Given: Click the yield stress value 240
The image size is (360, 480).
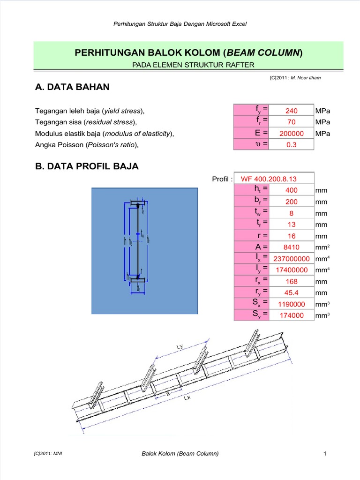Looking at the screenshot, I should (x=292, y=111).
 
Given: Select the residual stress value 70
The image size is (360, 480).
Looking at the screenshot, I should (x=292, y=122).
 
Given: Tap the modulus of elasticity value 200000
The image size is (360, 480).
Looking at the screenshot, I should (x=292, y=134).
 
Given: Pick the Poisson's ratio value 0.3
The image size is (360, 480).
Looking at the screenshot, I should (x=292, y=145).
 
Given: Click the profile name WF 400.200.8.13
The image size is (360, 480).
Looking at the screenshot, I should (x=269, y=179).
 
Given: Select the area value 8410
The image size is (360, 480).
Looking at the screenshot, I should (x=292, y=247).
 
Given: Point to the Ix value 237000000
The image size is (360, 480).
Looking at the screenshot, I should (x=292, y=259).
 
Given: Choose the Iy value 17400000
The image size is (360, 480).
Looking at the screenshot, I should (x=292, y=270).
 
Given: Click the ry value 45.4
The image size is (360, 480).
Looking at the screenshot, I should (x=292, y=292).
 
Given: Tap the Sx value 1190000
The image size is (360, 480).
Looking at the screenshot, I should (x=292, y=304).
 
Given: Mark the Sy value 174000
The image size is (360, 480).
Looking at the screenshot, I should (x=292, y=315).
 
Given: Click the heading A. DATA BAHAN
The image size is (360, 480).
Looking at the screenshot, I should (x=72, y=87).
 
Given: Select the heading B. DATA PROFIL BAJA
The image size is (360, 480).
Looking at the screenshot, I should (x=87, y=166).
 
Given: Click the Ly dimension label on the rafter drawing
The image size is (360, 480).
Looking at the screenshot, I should (x=180, y=347).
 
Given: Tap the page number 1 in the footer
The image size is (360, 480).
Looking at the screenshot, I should (x=324, y=453).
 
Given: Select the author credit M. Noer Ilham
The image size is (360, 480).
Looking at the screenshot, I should (x=306, y=78).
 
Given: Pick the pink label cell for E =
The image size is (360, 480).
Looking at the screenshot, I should (x=252, y=134).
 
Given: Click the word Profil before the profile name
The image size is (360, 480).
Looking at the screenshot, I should (x=222, y=179).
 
